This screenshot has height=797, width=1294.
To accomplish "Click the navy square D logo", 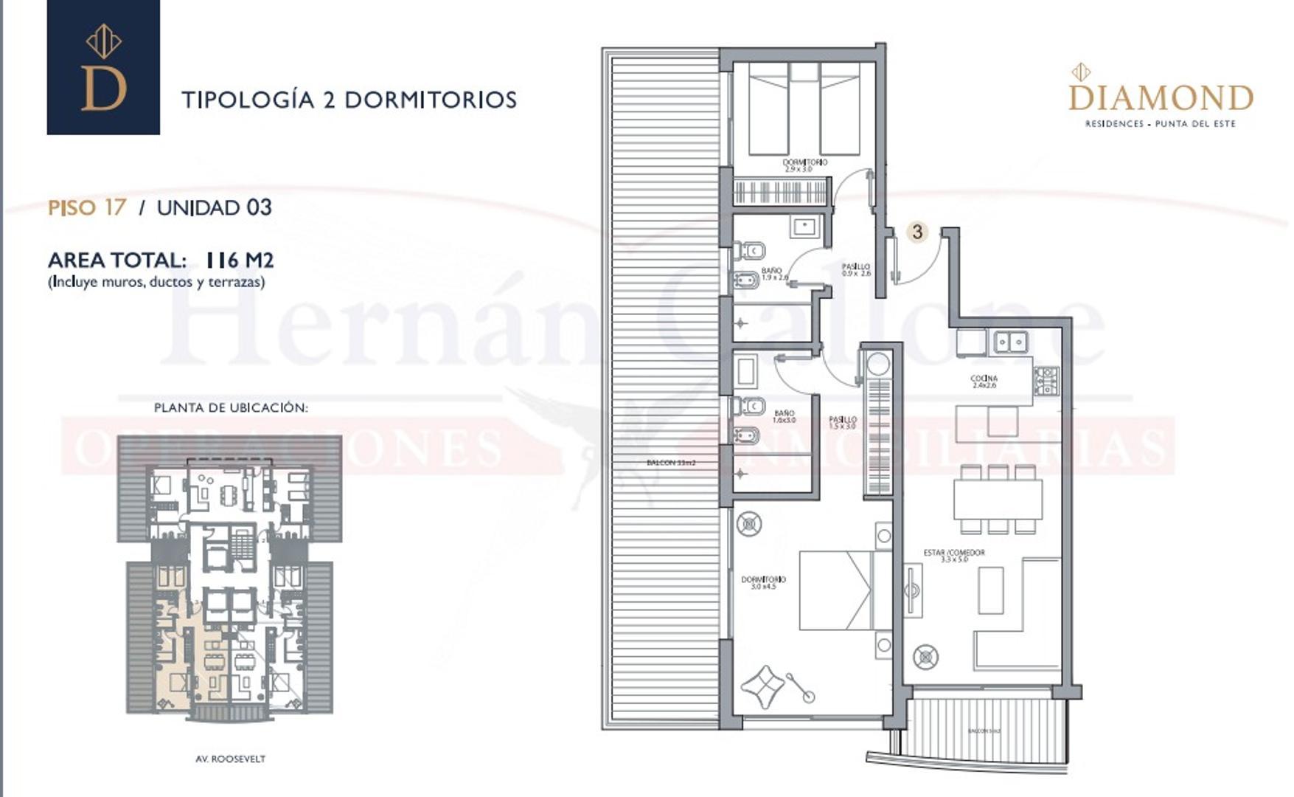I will [x=103, y=67].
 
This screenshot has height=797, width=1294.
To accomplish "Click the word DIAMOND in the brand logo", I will [x=1161, y=97].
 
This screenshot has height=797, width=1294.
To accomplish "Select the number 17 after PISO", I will [x=115, y=207].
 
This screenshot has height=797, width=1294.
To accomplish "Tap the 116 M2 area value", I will [x=239, y=260].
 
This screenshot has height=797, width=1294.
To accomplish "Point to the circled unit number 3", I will [x=916, y=232].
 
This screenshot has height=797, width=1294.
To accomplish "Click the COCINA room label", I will [x=984, y=381].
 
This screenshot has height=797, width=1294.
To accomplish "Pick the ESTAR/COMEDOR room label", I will [x=953, y=555].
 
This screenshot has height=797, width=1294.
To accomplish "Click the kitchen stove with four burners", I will [x=1046, y=380].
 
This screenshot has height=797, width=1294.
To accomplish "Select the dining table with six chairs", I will [x=998, y=500].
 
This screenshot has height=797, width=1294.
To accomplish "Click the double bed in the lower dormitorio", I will [x=845, y=590].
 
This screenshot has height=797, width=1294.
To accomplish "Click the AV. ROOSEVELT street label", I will [x=230, y=759].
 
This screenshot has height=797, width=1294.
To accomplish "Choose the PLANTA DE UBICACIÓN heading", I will [x=231, y=407].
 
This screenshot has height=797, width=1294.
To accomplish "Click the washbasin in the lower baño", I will [x=746, y=370].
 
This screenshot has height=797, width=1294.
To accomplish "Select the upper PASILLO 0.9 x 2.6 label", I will [x=856, y=269].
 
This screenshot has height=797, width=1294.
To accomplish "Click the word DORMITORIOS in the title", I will [x=431, y=100].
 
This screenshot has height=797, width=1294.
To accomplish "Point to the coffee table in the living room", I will [x=990, y=590].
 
